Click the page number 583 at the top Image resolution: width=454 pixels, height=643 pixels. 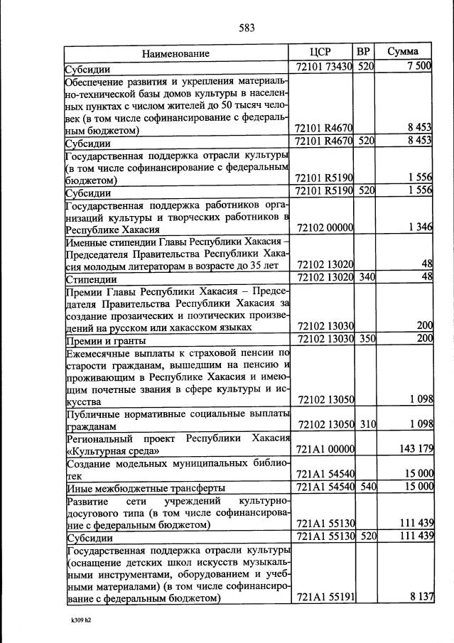[247, 28]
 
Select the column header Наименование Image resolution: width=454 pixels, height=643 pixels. [175, 53]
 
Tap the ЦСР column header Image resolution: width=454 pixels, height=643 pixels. [321, 52]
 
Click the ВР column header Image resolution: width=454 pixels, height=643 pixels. [364, 52]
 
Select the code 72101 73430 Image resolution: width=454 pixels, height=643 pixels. [323, 67]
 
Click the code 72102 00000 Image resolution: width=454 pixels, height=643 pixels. [325, 227]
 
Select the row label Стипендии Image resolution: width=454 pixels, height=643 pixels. [91, 279]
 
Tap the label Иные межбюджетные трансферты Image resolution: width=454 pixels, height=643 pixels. [145, 488]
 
